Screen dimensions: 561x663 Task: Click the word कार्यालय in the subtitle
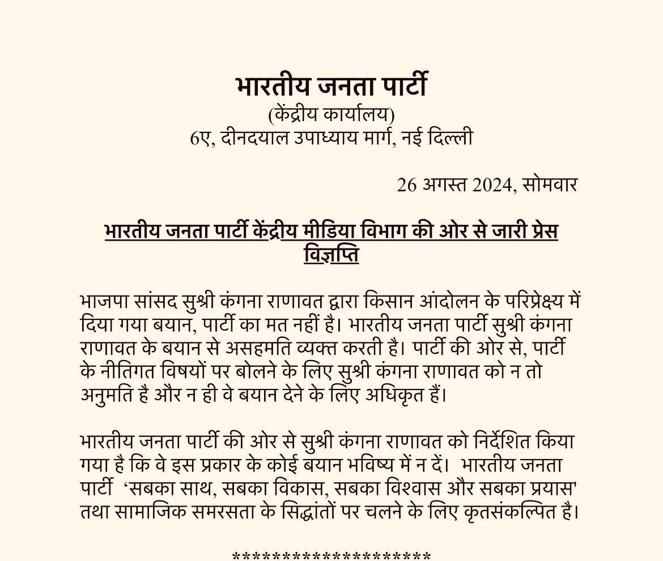359,115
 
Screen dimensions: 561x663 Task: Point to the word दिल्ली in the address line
450,138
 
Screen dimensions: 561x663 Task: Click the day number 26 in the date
406,185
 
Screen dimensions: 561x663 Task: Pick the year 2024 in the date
494,185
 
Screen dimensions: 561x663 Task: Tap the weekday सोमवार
549,185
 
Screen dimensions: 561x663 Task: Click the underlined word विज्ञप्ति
331,255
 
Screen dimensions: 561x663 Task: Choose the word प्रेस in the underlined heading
541,232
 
